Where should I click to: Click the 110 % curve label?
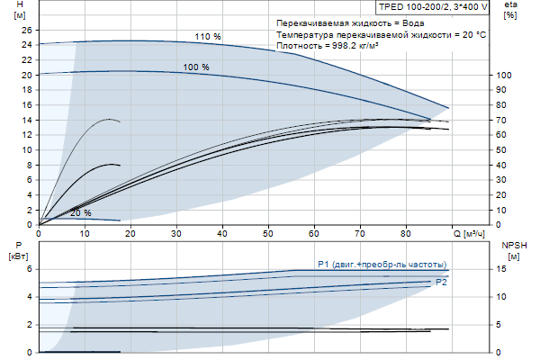pos(208,36)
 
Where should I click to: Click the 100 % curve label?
pos(196,67)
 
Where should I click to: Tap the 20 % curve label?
pos(81,212)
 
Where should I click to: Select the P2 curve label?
pos(441,283)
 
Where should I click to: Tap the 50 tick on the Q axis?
pos(268,233)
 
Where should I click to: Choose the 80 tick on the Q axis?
pos(406,233)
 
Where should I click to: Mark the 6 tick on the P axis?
pos(30,269)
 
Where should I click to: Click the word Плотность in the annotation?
pos(298,45)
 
